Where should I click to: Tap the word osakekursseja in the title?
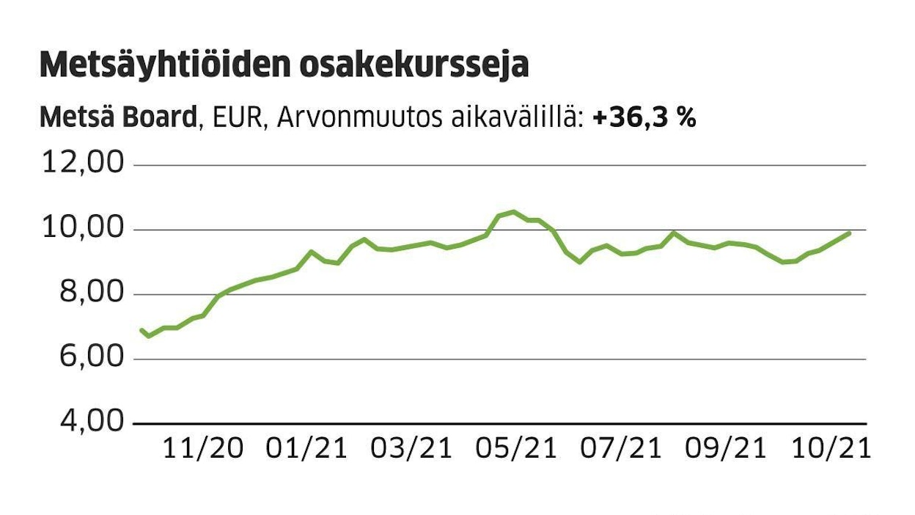[414, 66]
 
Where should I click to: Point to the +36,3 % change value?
[644, 117]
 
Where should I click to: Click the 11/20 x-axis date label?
[202, 448]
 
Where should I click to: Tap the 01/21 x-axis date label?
[306, 448]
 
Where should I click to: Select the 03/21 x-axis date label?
[411, 448]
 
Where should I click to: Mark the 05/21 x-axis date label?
[516, 448]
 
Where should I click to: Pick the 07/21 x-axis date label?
[621, 448]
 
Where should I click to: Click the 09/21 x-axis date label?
[726, 448]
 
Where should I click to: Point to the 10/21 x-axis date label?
[830, 448]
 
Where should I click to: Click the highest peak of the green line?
[512, 212]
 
